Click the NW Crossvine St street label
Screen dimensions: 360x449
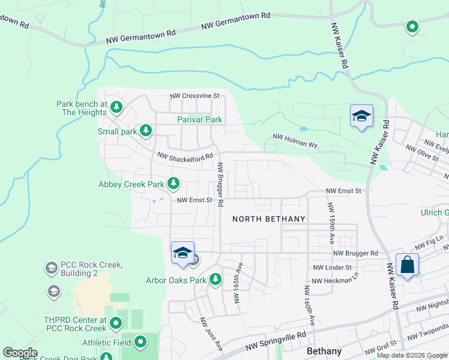click(x=195, y=95)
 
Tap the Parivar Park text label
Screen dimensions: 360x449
click(x=199, y=119)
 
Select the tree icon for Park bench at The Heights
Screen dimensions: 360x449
click(x=116, y=108)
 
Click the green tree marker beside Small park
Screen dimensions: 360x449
click(x=145, y=130)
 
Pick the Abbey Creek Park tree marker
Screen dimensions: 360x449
click(x=173, y=182)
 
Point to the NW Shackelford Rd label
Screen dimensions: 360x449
click(x=185, y=156)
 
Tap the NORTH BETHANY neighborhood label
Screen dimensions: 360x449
click(x=270, y=219)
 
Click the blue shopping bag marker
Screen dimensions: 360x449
click(x=408, y=265)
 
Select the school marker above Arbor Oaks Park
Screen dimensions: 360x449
click(x=182, y=253)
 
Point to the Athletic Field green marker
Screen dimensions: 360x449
click(x=140, y=342)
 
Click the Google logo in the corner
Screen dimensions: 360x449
click(x=20, y=353)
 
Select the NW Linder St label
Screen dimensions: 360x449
click(x=332, y=267)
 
